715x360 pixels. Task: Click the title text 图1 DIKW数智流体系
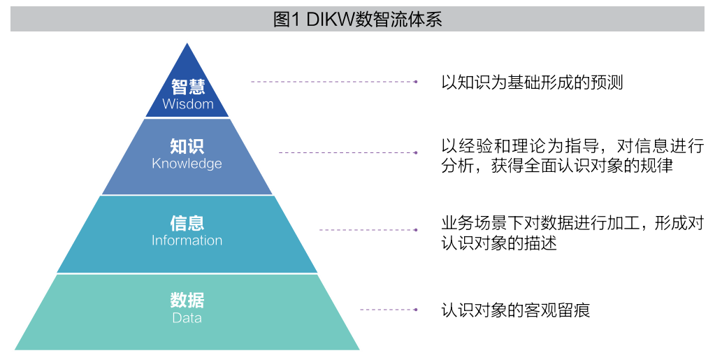(x=357, y=20)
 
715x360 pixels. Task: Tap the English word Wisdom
(x=187, y=104)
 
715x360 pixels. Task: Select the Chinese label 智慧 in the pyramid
(x=187, y=87)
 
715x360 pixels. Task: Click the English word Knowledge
(x=187, y=164)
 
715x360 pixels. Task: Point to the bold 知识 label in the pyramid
(x=187, y=146)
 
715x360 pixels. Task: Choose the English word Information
(x=187, y=240)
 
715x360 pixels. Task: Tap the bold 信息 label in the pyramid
(x=187, y=223)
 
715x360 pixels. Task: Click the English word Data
(x=187, y=318)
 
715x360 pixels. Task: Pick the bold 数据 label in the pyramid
(x=187, y=301)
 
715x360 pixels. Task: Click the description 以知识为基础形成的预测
(x=532, y=82)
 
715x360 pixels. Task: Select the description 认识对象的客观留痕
(x=516, y=310)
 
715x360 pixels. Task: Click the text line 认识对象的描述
(x=499, y=244)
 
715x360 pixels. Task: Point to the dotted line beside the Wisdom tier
(x=333, y=82)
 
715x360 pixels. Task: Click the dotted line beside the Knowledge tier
(x=347, y=152)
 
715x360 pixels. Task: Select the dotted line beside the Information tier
(x=367, y=230)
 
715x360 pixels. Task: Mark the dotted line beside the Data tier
(x=387, y=310)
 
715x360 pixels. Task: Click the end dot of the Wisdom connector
(x=416, y=82)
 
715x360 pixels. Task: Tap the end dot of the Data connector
(x=416, y=310)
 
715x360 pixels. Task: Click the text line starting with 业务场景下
(x=572, y=224)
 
